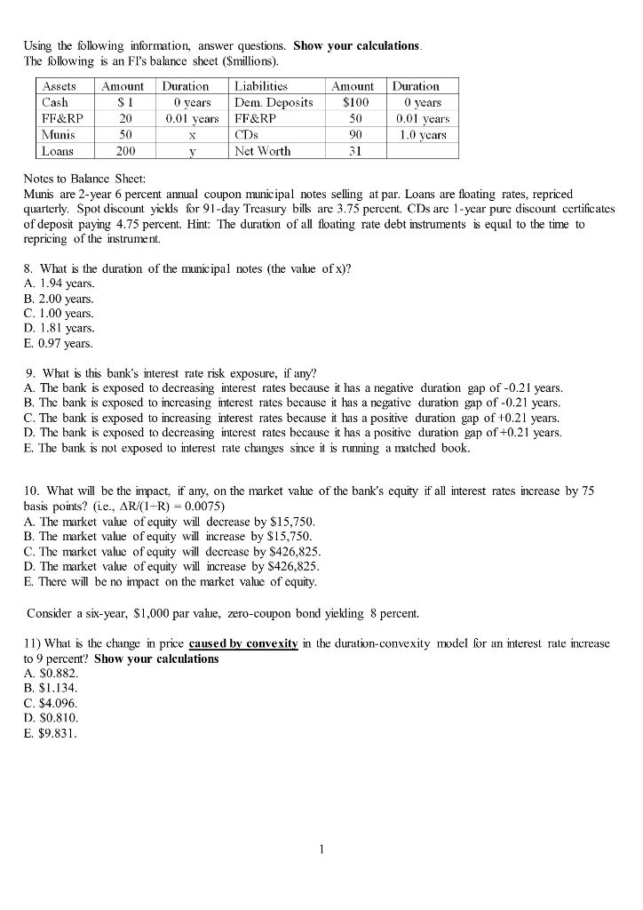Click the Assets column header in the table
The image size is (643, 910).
click(60, 86)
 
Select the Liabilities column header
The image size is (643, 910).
click(261, 86)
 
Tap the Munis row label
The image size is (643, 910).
click(57, 134)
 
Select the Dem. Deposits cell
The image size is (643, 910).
click(274, 102)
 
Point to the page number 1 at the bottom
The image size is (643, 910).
click(321, 849)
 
